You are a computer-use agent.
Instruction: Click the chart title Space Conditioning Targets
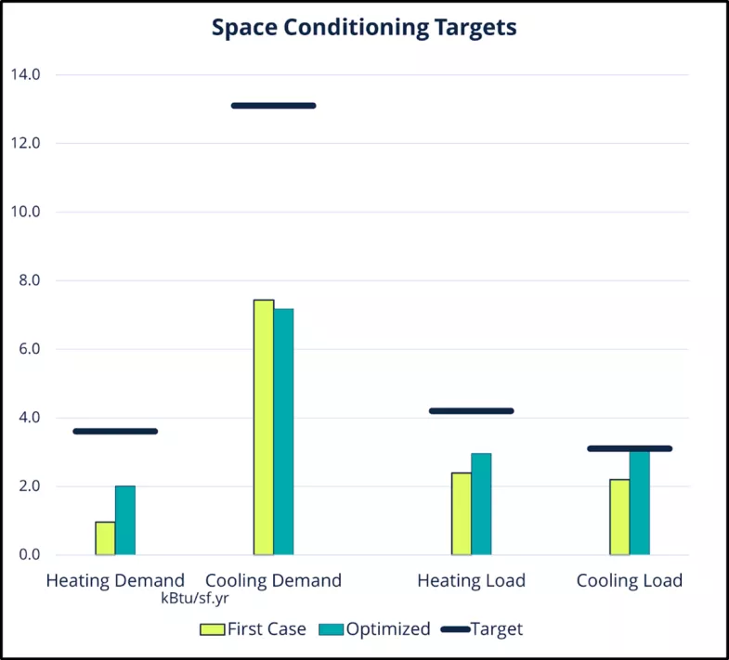coord(364,28)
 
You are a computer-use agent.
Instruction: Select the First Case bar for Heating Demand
coord(105,538)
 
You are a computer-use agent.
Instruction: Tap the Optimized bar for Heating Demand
coord(125,521)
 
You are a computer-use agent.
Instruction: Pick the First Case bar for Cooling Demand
coord(264,427)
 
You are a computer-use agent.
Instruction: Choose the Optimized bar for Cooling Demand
coord(283,432)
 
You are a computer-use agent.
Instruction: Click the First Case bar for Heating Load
coord(462,513)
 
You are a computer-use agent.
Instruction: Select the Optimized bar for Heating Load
coord(481,504)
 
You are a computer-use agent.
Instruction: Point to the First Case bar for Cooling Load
coord(619,517)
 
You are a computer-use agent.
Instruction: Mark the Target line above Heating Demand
coord(115,431)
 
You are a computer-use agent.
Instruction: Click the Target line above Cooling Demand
coord(274,106)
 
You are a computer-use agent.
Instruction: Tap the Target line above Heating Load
coord(471,410)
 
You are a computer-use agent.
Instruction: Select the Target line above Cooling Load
coord(630,448)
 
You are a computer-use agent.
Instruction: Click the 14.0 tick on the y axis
coord(25,74)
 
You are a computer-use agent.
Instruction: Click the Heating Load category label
coord(471,581)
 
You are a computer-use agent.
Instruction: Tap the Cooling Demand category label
coord(273,581)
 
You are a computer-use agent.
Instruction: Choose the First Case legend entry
coord(254,629)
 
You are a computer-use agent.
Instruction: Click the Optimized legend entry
coord(375,629)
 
